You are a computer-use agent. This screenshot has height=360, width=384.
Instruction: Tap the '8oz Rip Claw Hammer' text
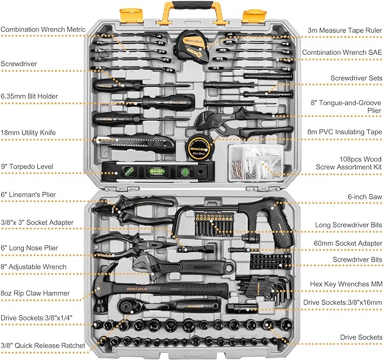(35, 293)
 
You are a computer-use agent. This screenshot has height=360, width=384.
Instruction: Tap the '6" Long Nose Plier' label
(29, 248)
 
